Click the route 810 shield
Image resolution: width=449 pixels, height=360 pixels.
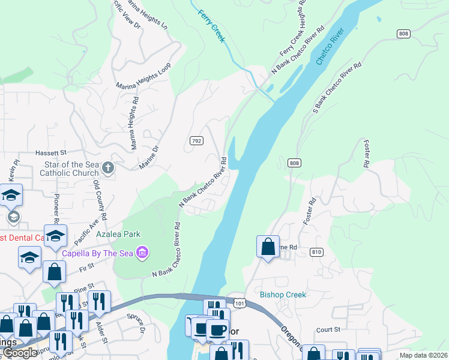pos(318,252)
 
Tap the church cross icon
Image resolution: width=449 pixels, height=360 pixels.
pos(107,167)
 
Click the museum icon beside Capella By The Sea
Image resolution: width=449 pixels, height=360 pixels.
pos(142,251)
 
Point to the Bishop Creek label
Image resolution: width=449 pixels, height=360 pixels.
pos(283,295)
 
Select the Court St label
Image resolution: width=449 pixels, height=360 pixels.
pos(328,329)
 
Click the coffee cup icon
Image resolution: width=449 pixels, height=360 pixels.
pos(217,330)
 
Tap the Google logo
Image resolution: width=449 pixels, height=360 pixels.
pos(20,353)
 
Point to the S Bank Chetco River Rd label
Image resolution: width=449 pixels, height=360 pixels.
pos(337,88)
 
